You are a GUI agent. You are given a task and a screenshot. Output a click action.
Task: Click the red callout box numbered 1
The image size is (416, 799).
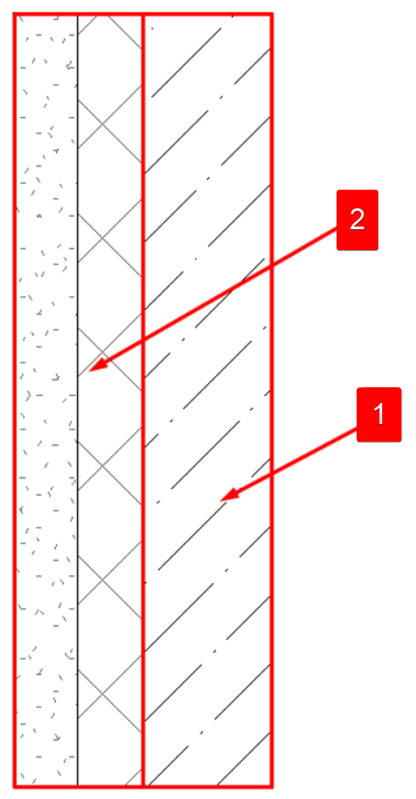pos(378,414)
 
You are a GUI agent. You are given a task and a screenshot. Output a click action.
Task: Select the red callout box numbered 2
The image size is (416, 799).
pos(357,219)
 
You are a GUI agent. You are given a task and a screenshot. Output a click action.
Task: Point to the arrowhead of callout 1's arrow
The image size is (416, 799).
pos(227,496)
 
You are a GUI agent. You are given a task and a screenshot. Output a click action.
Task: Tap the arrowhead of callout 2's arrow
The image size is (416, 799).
pos(96,365)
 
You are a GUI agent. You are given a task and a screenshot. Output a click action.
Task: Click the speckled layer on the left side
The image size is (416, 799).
pos(46,399)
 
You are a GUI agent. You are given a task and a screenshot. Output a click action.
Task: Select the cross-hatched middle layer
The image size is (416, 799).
pos(109,399)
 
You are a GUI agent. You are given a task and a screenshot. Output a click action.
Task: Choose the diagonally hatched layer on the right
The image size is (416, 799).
pos(207,399)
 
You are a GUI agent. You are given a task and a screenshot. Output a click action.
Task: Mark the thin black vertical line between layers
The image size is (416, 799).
pos(78,399)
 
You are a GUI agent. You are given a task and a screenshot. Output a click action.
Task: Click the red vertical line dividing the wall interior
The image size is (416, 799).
pos(143,399)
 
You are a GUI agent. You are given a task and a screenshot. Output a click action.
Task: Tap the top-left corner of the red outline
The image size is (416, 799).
pos(15,14)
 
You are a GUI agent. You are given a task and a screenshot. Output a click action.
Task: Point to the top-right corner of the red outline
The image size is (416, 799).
pos(272,14)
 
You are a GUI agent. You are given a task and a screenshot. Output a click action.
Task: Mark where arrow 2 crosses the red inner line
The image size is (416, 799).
pos(143,339)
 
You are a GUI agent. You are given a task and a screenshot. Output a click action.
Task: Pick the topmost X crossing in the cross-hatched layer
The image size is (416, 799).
pos(102,124)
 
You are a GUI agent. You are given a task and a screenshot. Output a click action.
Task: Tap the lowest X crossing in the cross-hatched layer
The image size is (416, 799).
pos(102,693)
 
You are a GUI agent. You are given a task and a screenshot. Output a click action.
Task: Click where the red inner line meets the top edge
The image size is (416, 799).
pos(143,14)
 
